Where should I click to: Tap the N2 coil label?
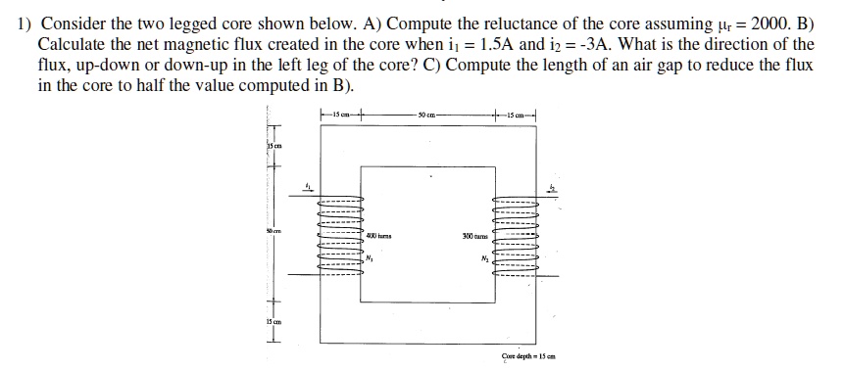click(485, 259)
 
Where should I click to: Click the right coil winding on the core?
click(517, 235)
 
